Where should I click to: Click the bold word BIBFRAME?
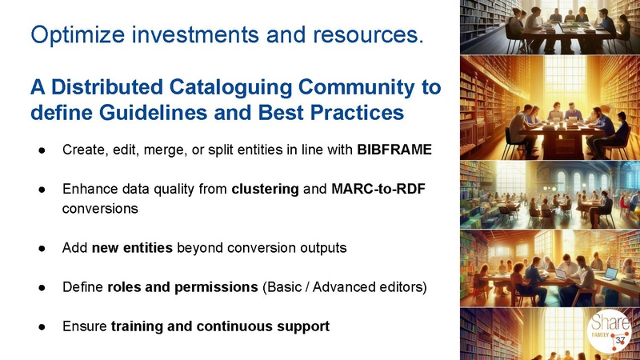pos(394,150)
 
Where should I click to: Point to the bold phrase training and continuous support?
pos(220,326)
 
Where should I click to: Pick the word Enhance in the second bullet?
pos(87,190)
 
